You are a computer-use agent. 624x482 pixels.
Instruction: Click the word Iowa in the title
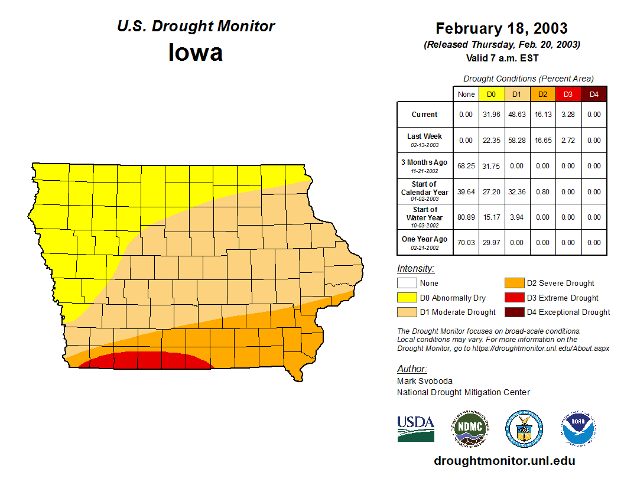pos(196,53)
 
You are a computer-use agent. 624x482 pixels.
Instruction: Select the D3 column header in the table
pos(568,94)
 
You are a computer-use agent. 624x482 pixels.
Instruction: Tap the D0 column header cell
pos(492,94)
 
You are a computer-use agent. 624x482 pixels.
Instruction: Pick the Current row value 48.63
pos(517,115)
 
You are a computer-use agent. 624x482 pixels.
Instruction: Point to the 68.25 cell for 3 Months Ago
pos(466,166)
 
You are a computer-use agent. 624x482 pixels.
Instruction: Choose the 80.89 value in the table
pos(466,217)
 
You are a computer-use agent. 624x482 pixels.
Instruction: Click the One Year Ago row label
pos(424,239)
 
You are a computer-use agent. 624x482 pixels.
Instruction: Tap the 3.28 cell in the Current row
pos(568,115)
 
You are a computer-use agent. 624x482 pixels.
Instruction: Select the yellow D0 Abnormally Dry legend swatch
pos(407,298)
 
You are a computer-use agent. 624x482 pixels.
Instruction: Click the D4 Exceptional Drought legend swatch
pos(513,312)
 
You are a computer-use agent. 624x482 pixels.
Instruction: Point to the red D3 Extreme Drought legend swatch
pos(513,298)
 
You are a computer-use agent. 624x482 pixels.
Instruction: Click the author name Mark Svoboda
pos(424,381)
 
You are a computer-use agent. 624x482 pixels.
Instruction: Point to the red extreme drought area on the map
pos(145,360)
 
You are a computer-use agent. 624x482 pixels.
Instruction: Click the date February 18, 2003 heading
pos(501,28)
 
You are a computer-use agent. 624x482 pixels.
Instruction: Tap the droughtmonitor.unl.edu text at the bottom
pos(504,461)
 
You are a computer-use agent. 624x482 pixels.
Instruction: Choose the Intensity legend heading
pos(415,269)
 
